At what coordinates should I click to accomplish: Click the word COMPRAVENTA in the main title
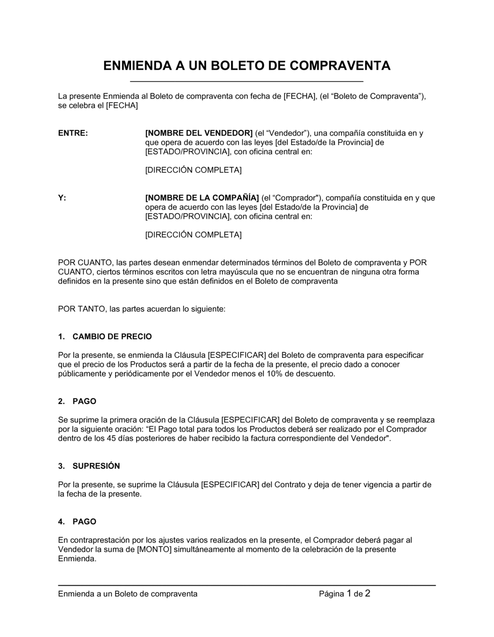pyautogui.click(x=339, y=66)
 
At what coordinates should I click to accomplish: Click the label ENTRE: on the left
pyautogui.click(x=73, y=133)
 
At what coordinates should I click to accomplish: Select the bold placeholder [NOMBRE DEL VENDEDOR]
pyautogui.click(x=199, y=133)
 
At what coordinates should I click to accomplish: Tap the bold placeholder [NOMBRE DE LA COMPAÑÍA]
pyautogui.click(x=202, y=198)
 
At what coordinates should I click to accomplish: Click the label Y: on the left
pyautogui.click(x=62, y=198)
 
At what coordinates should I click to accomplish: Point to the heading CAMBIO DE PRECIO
pyautogui.click(x=112, y=336)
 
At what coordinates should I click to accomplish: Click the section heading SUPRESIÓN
pyautogui.click(x=96, y=466)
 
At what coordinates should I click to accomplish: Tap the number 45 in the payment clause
pyautogui.click(x=110, y=438)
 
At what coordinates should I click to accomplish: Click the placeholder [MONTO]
pyautogui.click(x=154, y=549)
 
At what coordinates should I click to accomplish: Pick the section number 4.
pyautogui.click(x=61, y=521)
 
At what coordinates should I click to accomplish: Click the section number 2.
pyautogui.click(x=61, y=401)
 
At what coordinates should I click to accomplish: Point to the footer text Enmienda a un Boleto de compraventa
pyautogui.click(x=127, y=594)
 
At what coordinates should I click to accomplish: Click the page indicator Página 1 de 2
pyautogui.click(x=344, y=594)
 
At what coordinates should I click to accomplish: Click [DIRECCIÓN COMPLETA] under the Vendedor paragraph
pyautogui.click(x=193, y=170)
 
